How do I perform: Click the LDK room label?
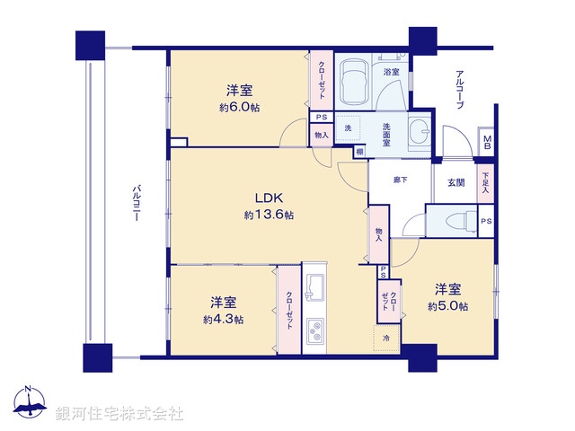pos(268,198)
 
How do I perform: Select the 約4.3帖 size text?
pos(223,319)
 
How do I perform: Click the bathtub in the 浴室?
pos(353,82)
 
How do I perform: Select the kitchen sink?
pos(316,287)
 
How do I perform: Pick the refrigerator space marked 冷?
pos(387,338)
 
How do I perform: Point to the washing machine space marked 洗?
pos(349,128)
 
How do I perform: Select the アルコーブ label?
pos(458,89)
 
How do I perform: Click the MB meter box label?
pos(487,142)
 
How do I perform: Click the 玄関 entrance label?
pos(456,183)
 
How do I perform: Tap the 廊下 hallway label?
pos(400,180)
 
